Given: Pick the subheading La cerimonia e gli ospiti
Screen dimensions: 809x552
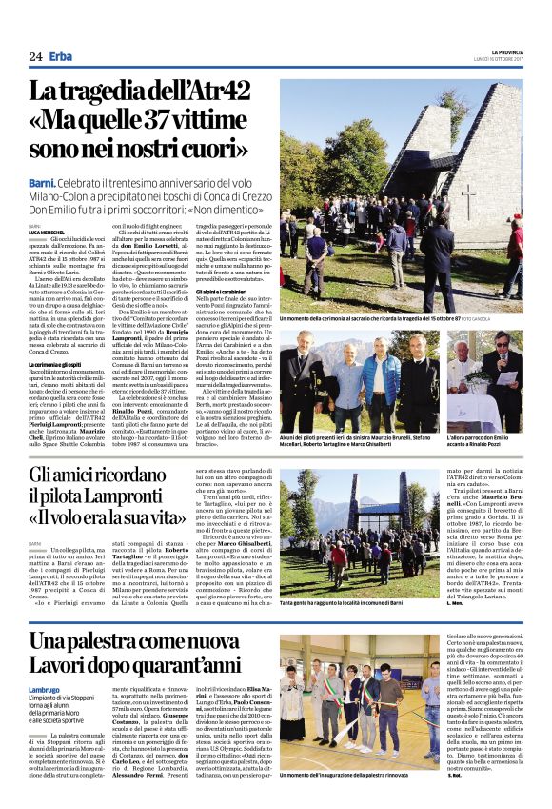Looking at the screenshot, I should pyautogui.click(x=59, y=364).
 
